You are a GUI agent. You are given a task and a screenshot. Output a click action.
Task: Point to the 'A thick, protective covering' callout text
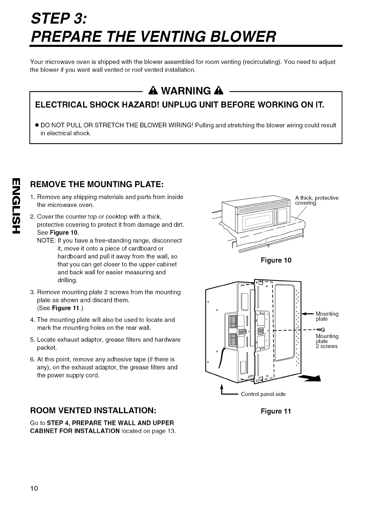[x=317, y=200]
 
